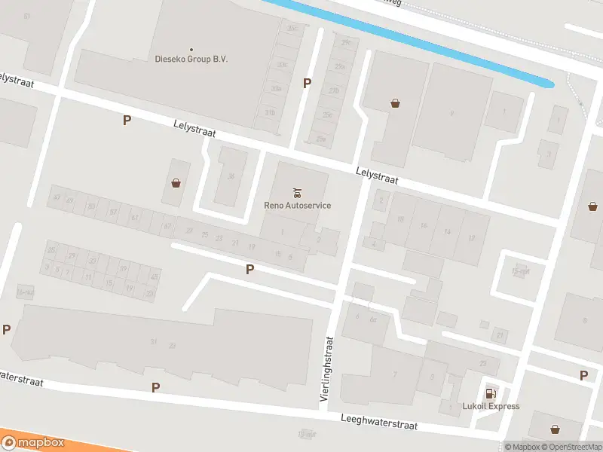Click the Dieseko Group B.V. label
click(191, 59)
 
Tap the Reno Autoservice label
click(297, 205)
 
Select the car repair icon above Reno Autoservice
click(297, 191)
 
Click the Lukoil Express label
click(491, 406)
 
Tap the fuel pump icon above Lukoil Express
click(491, 392)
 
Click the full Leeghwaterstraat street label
click(378, 421)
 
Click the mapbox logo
click(33, 442)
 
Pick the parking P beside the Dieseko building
click(307, 83)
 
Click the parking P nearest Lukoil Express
click(583, 375)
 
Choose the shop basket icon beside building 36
click(176, 182)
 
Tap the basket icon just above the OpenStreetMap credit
click(555, 429)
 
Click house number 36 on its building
click(231, 176)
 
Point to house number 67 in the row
click(167, 225)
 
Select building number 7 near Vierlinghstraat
click(394, 374)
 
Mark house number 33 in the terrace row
click(92, 261)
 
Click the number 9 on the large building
click(451, 113)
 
